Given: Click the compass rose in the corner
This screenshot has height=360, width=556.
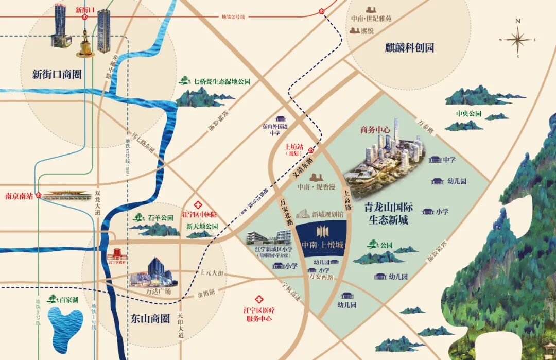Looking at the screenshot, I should click(x=518, y=39).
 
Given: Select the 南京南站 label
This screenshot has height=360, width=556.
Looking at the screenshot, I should click(x=19, y=196).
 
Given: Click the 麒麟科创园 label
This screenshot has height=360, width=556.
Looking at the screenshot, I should click(x=409, y=48).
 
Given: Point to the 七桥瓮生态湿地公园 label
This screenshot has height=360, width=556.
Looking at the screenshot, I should click(x=221, y=81).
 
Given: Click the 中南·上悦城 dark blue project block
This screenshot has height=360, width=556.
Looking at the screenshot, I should click(x=323, y=238).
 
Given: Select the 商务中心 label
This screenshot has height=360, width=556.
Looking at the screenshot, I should click(x=375, y=130).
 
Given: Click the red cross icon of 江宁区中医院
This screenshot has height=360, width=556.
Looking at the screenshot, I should click(x=197, y=205).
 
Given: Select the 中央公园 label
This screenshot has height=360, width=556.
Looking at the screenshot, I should click(x=468, y=113).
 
